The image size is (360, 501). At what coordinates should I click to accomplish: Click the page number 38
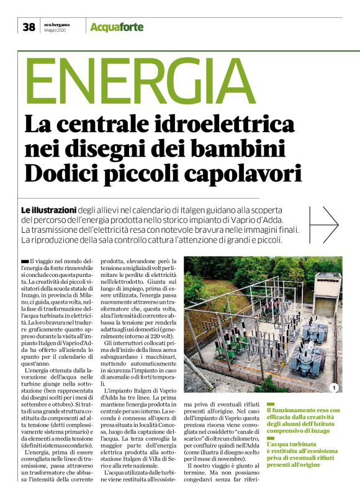click(x=29, y=27)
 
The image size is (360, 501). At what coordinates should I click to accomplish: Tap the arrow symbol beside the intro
click(x=326, y=224)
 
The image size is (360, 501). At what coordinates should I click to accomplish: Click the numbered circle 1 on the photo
click(x=333, y=388)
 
